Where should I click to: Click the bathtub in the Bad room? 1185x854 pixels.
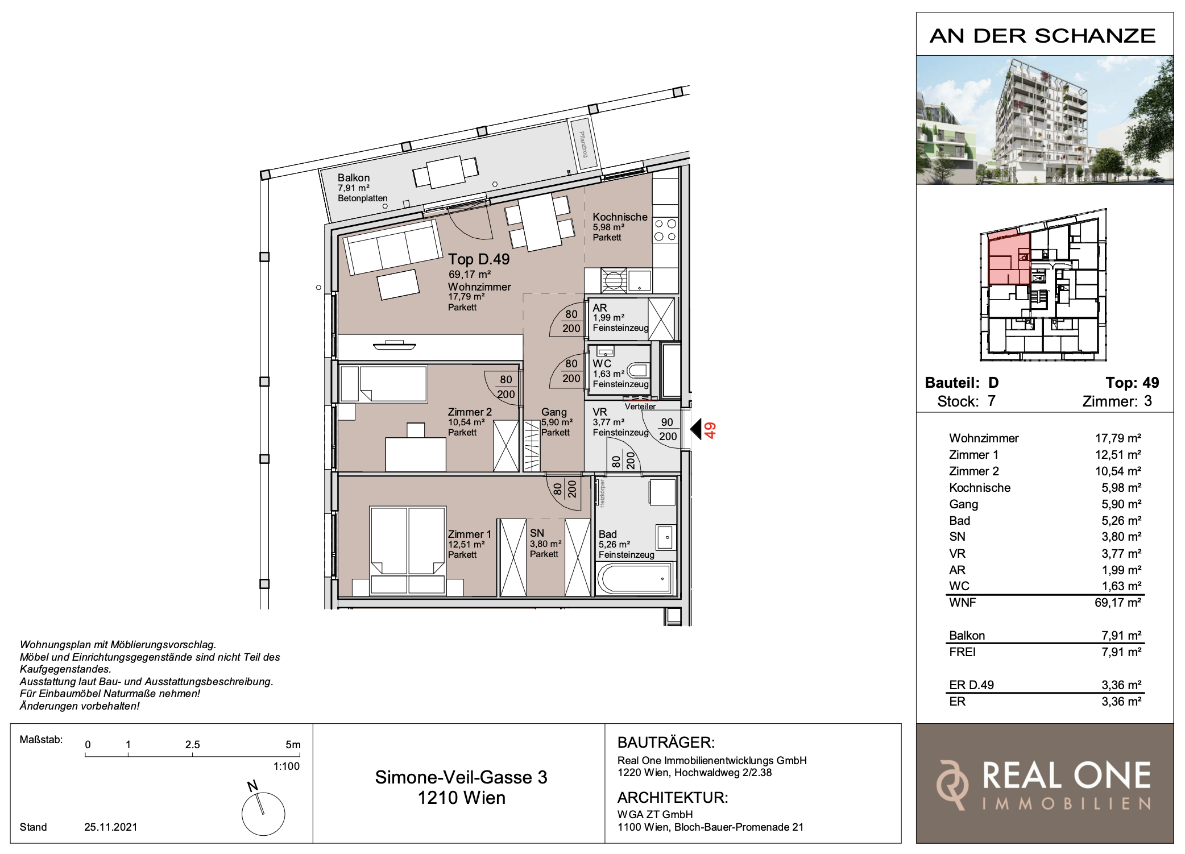coord(635,578)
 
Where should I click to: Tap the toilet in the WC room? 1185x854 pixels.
coord(639,371)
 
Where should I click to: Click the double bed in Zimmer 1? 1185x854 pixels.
coord(407,550)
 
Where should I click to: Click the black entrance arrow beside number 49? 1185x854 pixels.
coord(696,429)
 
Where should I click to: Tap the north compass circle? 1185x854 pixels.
coord(263,814)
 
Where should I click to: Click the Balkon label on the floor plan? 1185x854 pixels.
coord(354,178)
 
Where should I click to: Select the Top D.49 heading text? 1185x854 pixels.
coord(479,259)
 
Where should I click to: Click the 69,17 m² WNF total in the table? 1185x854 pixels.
coord(1117,603)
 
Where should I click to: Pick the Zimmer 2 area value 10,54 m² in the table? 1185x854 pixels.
coord(1118,471)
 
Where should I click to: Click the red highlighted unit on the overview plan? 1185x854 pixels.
coord(1009,259)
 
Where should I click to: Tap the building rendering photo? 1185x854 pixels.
coord(1045,120)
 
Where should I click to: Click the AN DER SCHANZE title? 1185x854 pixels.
coord(1043,36)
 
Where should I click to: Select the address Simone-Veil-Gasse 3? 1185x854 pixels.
coord(461,777)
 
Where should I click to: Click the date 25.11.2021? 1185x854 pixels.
coord(111,827)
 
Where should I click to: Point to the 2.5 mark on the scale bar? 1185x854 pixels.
coord(193,745)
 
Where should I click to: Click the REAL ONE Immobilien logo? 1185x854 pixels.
coord(1045,784)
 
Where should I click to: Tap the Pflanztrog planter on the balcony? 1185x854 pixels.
coord(583,144)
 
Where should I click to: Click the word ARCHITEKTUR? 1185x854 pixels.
coord(673,798)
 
